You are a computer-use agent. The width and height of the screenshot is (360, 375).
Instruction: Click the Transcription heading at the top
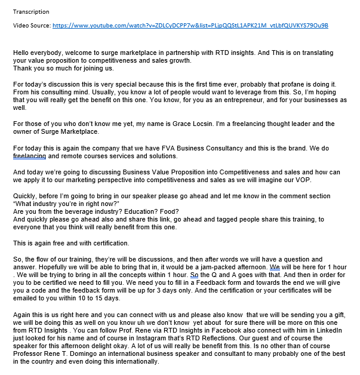31,11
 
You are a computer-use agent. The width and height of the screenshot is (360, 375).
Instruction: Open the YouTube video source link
190,26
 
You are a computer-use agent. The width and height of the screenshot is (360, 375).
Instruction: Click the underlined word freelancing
29,156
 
